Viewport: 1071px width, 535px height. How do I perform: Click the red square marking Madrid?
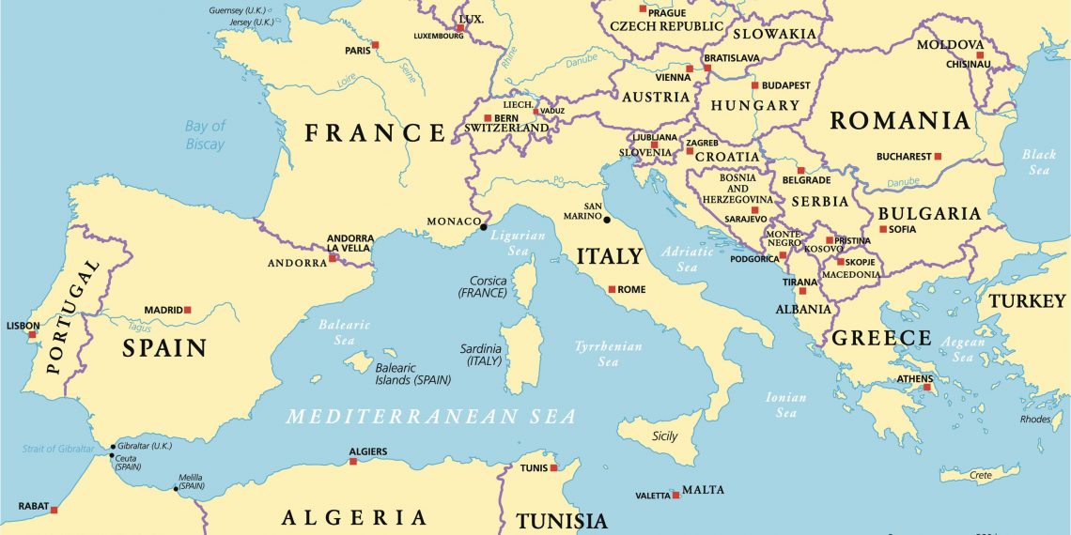tap(187, 310)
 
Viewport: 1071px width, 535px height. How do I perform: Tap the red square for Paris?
tap(375, 45)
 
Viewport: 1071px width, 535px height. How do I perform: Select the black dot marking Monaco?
tap(484, 226)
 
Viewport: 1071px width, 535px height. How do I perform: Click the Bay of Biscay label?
tap(205, 135)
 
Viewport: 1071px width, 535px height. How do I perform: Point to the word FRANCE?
tap(375, 133)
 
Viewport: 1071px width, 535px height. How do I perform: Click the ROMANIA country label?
tap(899, 120)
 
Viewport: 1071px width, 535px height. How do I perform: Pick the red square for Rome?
tap(612, 289)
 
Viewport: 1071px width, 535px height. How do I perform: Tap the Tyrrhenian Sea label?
tap(609, 354)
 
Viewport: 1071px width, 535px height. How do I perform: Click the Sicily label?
tap(664, 436)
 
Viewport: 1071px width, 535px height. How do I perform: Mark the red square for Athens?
tap(926, 387)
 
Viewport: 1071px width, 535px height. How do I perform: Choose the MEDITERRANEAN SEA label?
tap(431, 417)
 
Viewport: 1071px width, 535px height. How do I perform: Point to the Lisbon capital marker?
tap(32, 334)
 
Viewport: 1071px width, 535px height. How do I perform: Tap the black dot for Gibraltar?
tap(113, 447)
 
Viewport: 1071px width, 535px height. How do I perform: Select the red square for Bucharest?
tap(937, 157)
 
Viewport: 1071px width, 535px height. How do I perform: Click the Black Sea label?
tap(1038, 161)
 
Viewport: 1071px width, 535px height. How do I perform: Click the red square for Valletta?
tap(675, 495)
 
